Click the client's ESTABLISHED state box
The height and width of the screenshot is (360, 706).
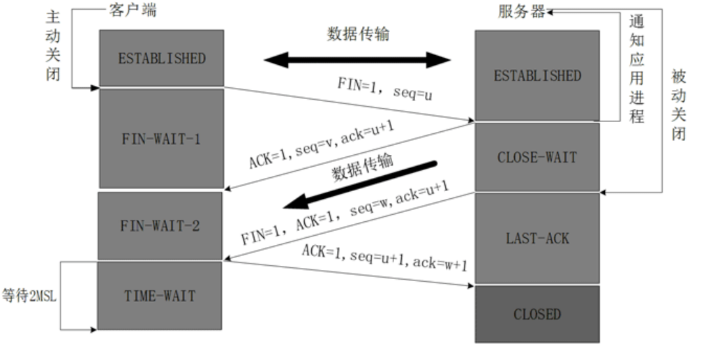click(161, 58)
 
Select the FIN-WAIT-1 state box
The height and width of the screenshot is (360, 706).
click(161, 139)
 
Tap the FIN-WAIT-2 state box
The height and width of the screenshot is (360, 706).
click(160, 225)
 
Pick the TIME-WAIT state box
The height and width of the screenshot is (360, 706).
click(160, 296)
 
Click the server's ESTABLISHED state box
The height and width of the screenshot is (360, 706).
click(537, 75)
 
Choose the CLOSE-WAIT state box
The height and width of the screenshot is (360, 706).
click(537, 157)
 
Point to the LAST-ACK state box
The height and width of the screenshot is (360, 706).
click(537, 238)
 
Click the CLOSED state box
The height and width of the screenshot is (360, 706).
click(537, 314)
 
